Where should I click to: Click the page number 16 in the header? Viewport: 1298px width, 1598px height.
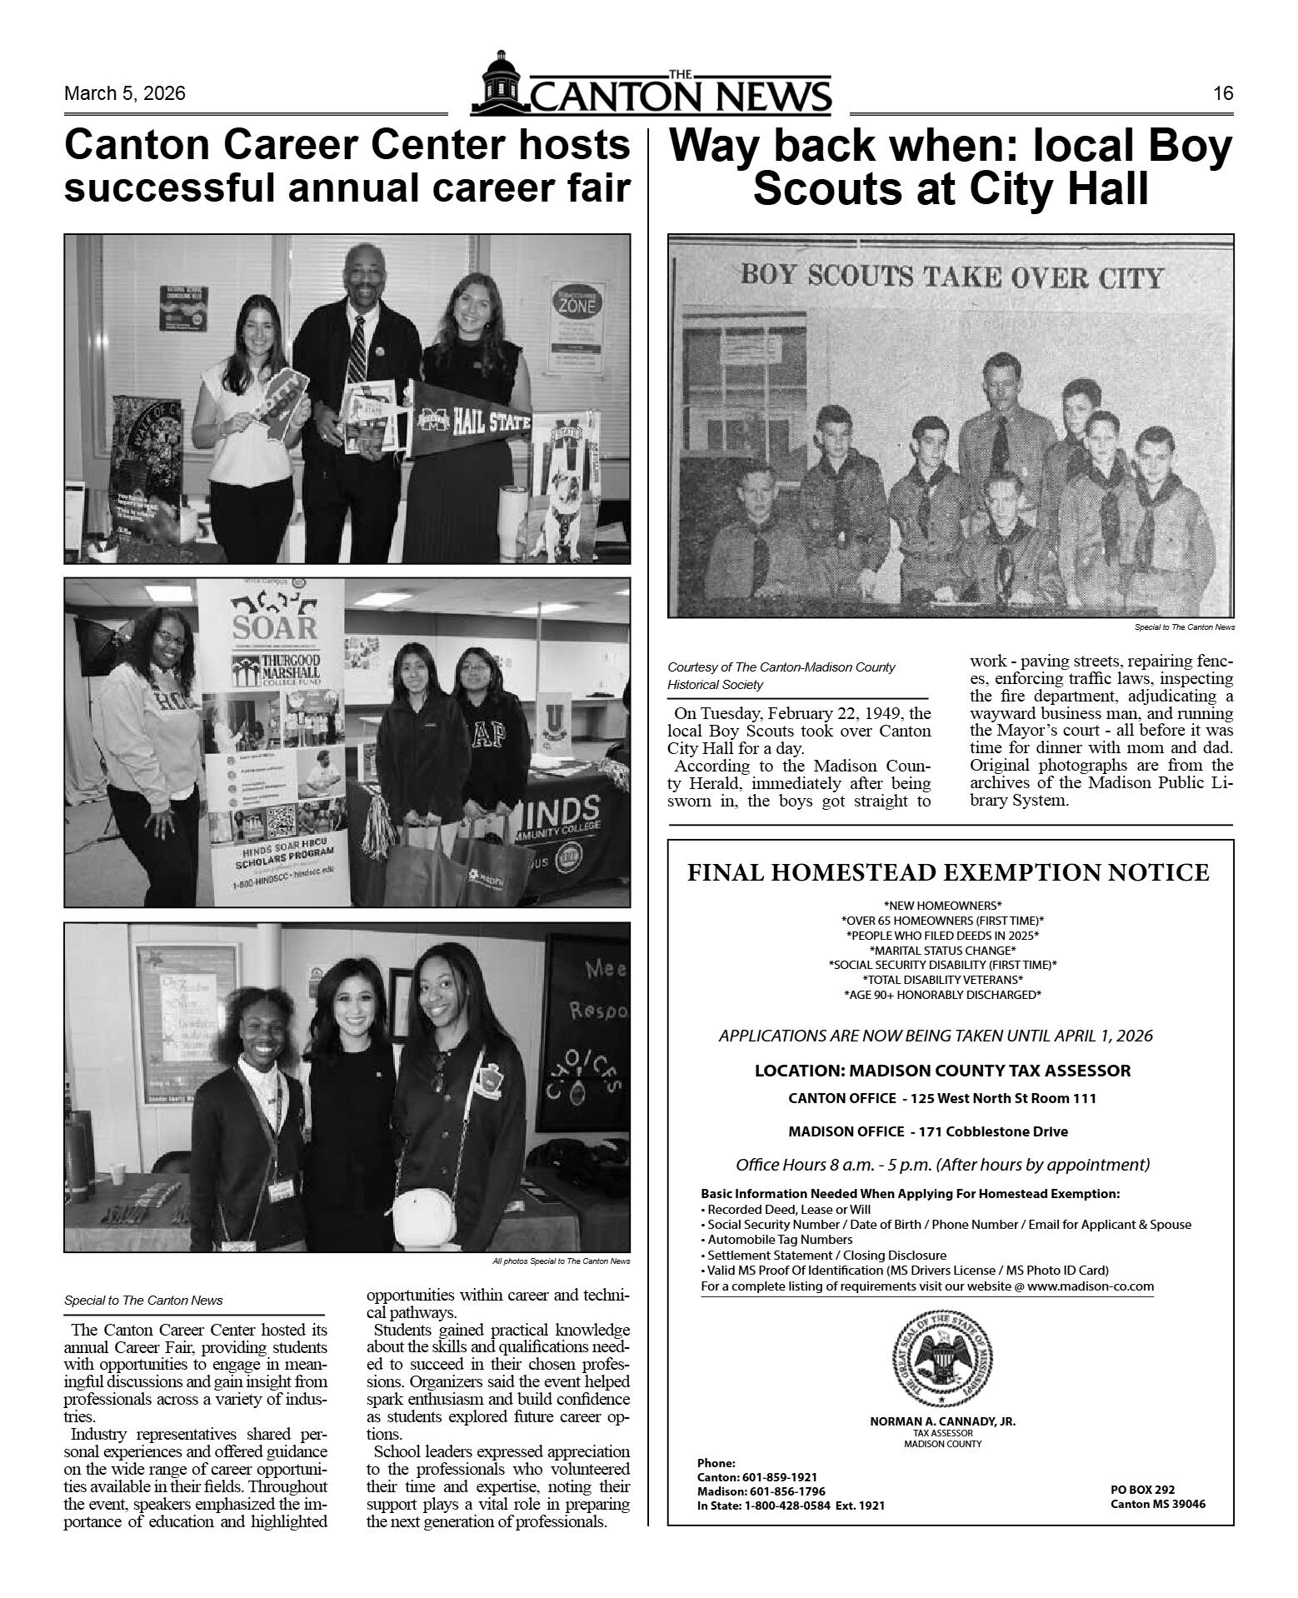tap(1222, 93)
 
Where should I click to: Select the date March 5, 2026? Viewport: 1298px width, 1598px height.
tap(125, 93)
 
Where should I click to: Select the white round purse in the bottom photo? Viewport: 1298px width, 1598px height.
tap(425, 1219)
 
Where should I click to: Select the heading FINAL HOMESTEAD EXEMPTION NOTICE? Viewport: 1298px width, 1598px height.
tap(948, 872)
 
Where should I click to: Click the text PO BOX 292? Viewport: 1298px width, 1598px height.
tap(1142, 1490)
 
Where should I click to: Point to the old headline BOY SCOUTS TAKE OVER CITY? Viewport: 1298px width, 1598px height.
tap(951, 277)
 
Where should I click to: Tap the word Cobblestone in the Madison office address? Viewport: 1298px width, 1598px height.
tap(976, 1131)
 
